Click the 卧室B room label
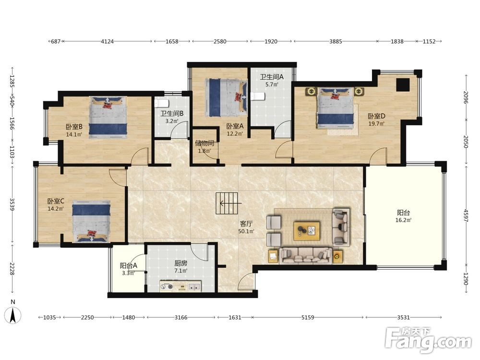pos(74,127)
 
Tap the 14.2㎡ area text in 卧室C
pos(55,209)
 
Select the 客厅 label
pos(246,224)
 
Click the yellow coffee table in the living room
pos(307,231)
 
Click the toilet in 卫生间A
pos(258,96)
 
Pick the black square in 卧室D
pos(403,85)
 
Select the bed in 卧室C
pos(91,221)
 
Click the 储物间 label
pos(204,143)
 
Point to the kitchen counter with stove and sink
pos(180,286)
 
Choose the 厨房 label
pos(180,263)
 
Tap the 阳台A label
pos(128,266)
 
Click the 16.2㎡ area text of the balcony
pos(404,220)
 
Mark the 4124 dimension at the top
pos(107,41)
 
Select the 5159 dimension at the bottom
pos(308,317)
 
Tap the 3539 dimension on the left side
pos(12,204)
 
